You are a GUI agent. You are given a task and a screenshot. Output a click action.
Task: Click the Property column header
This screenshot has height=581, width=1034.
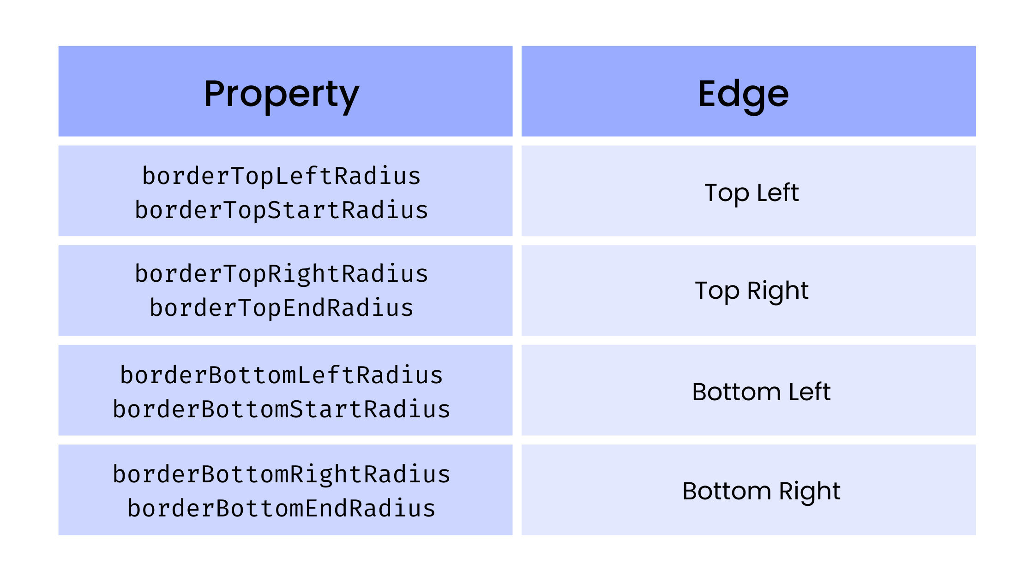pyautogui.click(x=281, y=94)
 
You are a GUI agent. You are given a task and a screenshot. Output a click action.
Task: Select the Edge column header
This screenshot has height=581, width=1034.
pyautogui.click(x=743, y=94)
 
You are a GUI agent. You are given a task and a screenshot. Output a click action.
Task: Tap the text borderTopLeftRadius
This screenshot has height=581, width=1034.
pyautogui.click(x=281, y=176)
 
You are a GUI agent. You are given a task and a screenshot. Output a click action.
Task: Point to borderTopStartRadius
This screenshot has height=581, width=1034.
pyautogui.click(x=281, y=210)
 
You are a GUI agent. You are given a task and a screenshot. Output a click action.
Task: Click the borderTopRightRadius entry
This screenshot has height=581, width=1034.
pyautogui.click(x=281, y=274)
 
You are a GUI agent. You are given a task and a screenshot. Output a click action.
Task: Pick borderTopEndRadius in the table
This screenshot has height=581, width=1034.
pyautogui.click(x=281, y=308)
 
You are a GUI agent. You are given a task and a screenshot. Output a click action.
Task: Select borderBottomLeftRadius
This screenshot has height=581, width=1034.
pyautogui.click(x=281, y=375)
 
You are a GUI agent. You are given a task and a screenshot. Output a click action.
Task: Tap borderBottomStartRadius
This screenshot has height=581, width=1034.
pyautogui.click(x=281, y=409)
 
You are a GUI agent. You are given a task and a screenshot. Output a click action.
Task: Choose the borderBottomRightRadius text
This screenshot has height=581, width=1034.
pyautogui.click(x=281, y=474)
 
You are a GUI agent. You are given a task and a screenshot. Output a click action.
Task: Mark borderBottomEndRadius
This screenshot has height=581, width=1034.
pyautogui.click(x=281, y=509)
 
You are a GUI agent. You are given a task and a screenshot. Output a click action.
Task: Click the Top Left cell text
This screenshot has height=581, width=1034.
pyautogui.click(x=751, y=192)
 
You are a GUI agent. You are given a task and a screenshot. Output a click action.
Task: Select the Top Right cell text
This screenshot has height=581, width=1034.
pyautogui.click(x=751, y=290)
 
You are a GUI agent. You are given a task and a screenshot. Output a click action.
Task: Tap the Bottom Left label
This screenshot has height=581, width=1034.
pyautogui.click(x=761, y=392)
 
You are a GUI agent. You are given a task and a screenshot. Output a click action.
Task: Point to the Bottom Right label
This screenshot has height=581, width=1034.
pyautogui.click(x=761, y=491)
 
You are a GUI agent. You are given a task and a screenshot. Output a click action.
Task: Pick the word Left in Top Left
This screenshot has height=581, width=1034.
pyautogui.click(x=778, y=192)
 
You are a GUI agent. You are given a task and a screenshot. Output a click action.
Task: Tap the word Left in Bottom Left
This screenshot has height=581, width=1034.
pyautogui.click(x=809, y=392)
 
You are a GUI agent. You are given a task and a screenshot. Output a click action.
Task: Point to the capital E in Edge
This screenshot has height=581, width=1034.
pyautogui.click(x=708, y=94)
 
